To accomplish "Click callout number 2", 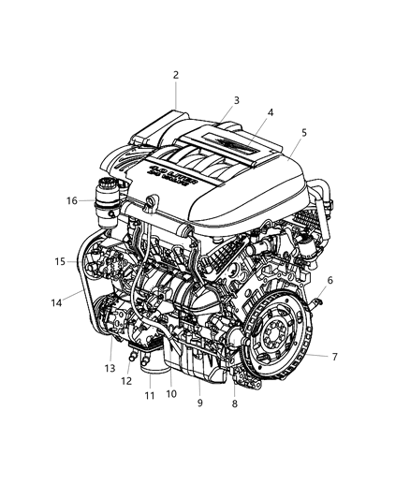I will tap(175, 75).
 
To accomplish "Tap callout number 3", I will tap(237, 100).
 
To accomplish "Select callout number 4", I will tap(270, 113).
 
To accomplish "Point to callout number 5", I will tap(303, 134).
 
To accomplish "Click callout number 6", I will tap(329, 280).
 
